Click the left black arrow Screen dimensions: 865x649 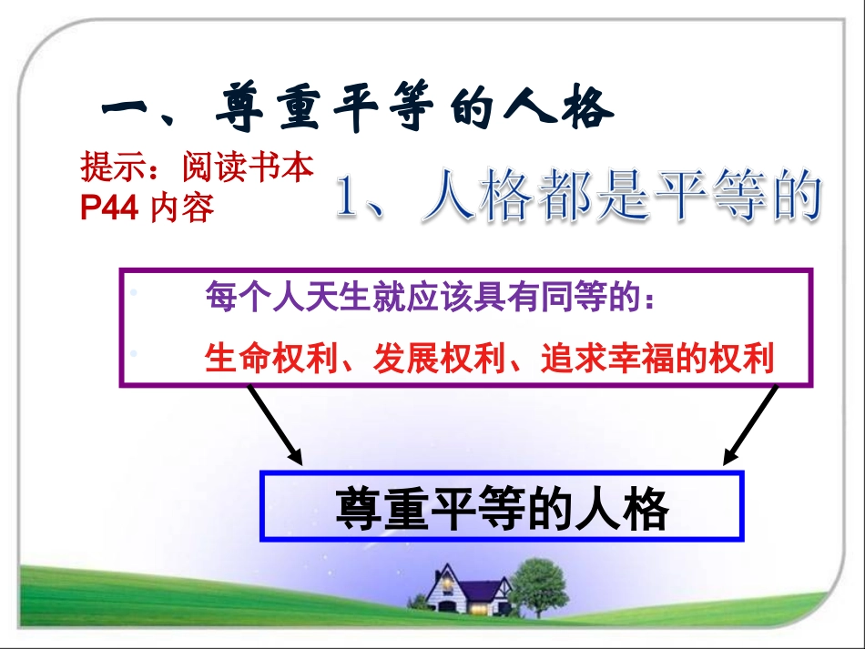click(275, 424)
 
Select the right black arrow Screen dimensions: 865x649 click(750, 424)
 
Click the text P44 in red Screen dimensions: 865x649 click(108, 208)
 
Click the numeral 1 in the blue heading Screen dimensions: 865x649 click(348, 197)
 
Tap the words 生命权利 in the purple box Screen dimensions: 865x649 click(270, 358)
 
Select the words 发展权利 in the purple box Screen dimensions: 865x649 click(439, 358)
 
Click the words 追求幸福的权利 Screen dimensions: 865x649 click(657, 358)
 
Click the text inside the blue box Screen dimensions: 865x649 click(502, 508)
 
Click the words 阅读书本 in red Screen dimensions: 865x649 click(248, 167)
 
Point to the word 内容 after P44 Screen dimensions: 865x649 click(181, 208)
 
